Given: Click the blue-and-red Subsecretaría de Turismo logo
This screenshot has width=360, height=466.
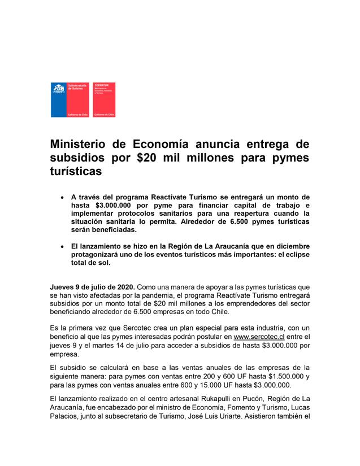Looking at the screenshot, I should coord(70,99).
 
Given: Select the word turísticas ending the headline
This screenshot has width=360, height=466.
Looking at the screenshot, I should coord(76,171).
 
